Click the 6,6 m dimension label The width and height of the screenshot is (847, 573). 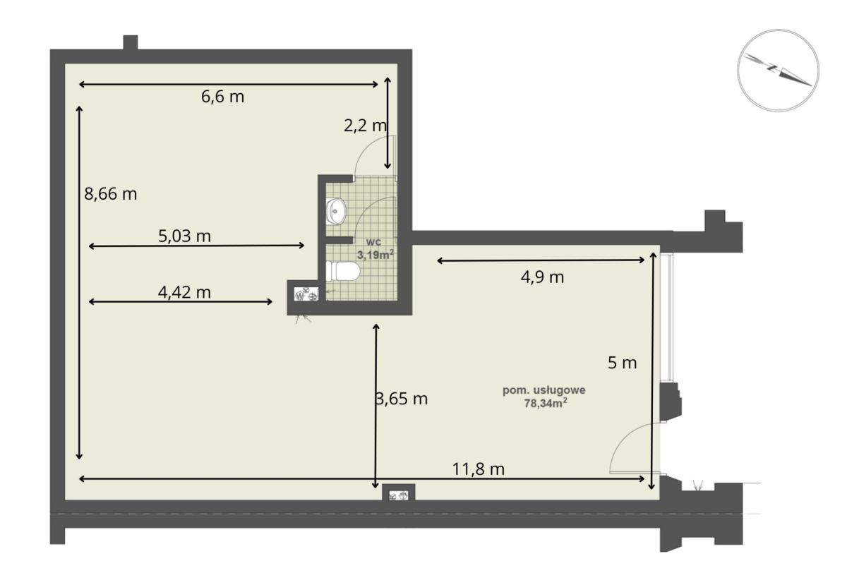[x=223, y=97]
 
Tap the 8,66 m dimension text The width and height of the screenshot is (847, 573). [x=110, y=194]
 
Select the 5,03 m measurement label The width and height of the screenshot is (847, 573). [x=184, y=236]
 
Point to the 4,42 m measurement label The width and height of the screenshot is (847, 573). [x=184, y=293]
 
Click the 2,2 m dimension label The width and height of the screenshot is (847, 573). [x=366, y=126]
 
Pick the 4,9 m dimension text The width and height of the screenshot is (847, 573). [x=542, y=277]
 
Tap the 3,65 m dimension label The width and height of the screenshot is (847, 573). [x=402, y=399]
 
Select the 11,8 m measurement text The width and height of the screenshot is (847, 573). [x=479, y=469]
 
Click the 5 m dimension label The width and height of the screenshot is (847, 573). [x=622, y=363]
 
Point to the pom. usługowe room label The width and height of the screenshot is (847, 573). [x=543, y=390]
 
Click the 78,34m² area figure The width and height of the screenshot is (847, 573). [x=545, y=404]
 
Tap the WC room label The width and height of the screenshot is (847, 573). [x=373, y=242]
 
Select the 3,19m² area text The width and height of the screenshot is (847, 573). [x=376, y=254]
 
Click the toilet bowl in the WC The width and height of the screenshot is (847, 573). [x=342, y=271]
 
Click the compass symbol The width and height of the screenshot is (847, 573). [x=778, y=71]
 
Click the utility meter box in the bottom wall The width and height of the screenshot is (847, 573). [x=399, y=493]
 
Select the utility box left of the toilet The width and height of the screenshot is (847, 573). [x=306, y=294]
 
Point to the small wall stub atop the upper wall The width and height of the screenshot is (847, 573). [x=131, y=42]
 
